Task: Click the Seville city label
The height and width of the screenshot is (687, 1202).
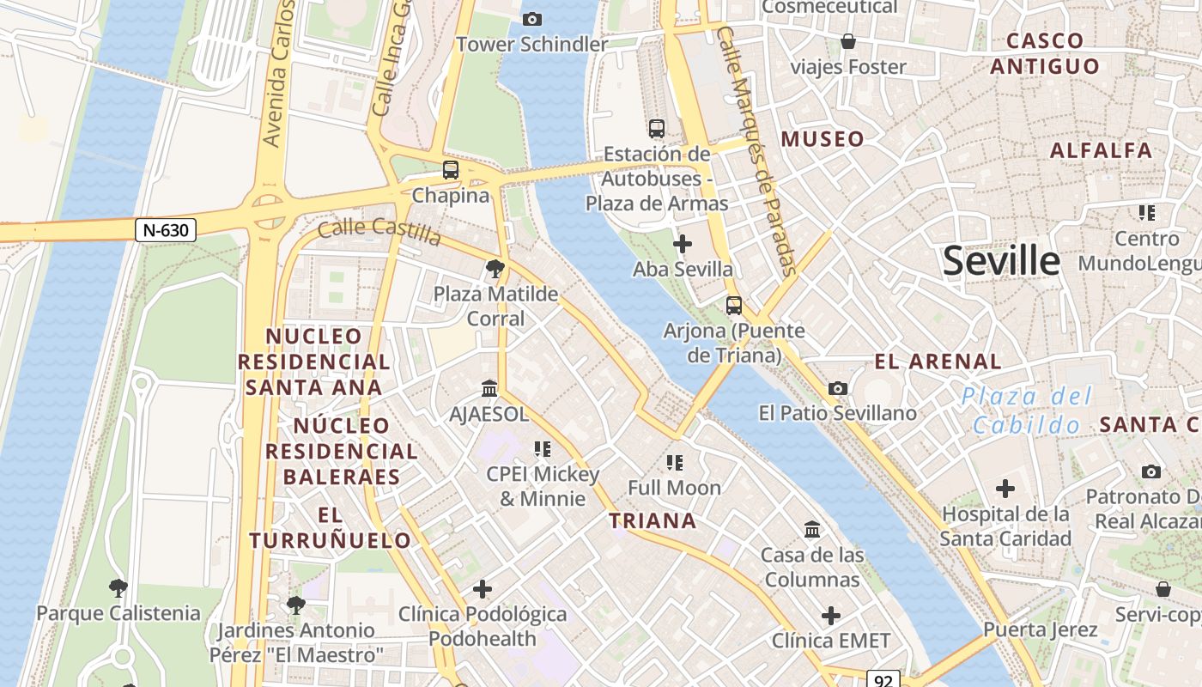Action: click(1001, 260)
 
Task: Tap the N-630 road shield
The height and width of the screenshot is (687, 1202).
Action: click(166, 230)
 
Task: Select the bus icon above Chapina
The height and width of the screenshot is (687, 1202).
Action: click(451, 170)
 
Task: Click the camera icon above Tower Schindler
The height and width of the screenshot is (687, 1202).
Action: click(532, 19)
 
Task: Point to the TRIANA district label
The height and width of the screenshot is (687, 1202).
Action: click(653, 520)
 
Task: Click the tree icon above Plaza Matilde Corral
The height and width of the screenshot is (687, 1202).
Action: click(495, 269)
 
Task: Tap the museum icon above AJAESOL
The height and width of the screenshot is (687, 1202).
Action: click(489, 389)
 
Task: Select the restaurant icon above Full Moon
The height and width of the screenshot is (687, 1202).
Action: click(675, 463)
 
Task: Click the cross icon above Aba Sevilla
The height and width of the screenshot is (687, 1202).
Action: click(683, 245)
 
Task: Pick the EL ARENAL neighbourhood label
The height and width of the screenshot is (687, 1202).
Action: click(938, 362)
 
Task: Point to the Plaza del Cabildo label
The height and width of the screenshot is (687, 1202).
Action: click(1027, 410)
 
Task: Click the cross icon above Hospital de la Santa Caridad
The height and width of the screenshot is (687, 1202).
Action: click(1005, 489)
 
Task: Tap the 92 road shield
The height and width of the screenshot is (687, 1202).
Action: click(883, 679)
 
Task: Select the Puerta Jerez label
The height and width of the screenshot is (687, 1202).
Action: click(1040, 629)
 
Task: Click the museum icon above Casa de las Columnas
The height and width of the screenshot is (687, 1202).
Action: click(812, 530)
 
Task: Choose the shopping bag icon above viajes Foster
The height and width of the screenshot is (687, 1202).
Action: click(848, 41)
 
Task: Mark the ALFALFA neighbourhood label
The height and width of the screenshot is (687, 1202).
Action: click(1102, 151)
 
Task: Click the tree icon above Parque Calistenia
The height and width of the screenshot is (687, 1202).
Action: click(118, 588)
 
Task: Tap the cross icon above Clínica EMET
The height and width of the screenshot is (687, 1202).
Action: click(830, 616)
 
